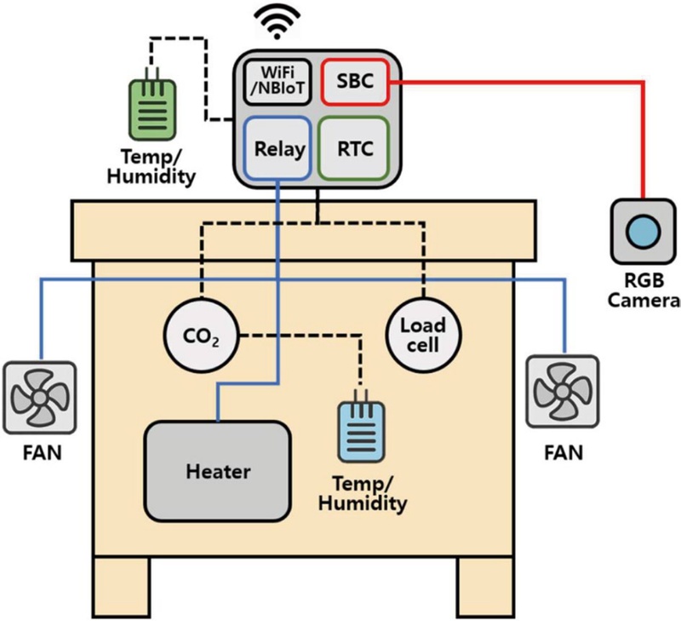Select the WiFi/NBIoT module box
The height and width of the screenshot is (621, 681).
click(273, 82)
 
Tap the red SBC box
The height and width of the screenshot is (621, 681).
click(353, 82)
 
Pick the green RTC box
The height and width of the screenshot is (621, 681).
click(352, 148)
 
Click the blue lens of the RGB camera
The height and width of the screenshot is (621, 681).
click(640, 232)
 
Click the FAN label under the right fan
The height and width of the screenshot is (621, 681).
click(563, 451)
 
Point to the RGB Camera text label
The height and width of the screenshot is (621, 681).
click(644, 291)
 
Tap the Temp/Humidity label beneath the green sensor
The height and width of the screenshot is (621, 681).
click(155, 168)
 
